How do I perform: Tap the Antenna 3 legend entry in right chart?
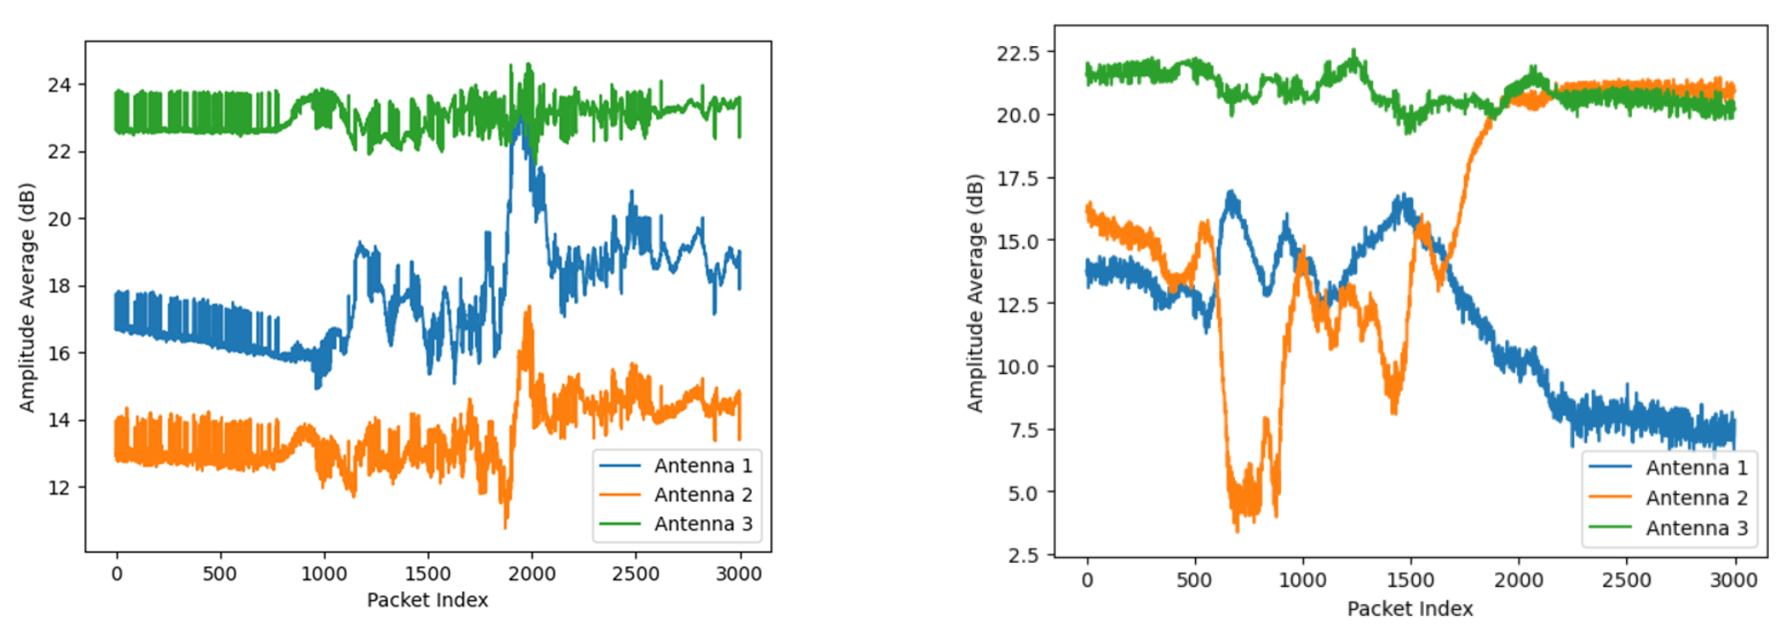point(1696,528)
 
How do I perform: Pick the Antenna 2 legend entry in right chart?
point(1696,498)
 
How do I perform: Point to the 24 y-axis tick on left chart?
point(59,85)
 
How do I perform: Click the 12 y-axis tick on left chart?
point(59,488)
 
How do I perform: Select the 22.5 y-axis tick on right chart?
point(1018,53)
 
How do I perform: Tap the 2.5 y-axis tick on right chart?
point(1023,556)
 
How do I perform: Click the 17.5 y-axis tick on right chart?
point(1018,179)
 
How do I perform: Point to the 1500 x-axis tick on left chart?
point(427,574)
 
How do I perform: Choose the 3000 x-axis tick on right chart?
point(1733,580)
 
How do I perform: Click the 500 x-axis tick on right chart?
point(1194,580)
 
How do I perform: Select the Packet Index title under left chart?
point(427,600)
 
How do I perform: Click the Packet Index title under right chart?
point(1410,609)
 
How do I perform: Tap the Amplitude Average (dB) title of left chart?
point(26,297)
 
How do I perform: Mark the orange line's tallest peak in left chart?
point(529,307)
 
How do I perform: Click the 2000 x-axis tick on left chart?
point(531,574)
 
